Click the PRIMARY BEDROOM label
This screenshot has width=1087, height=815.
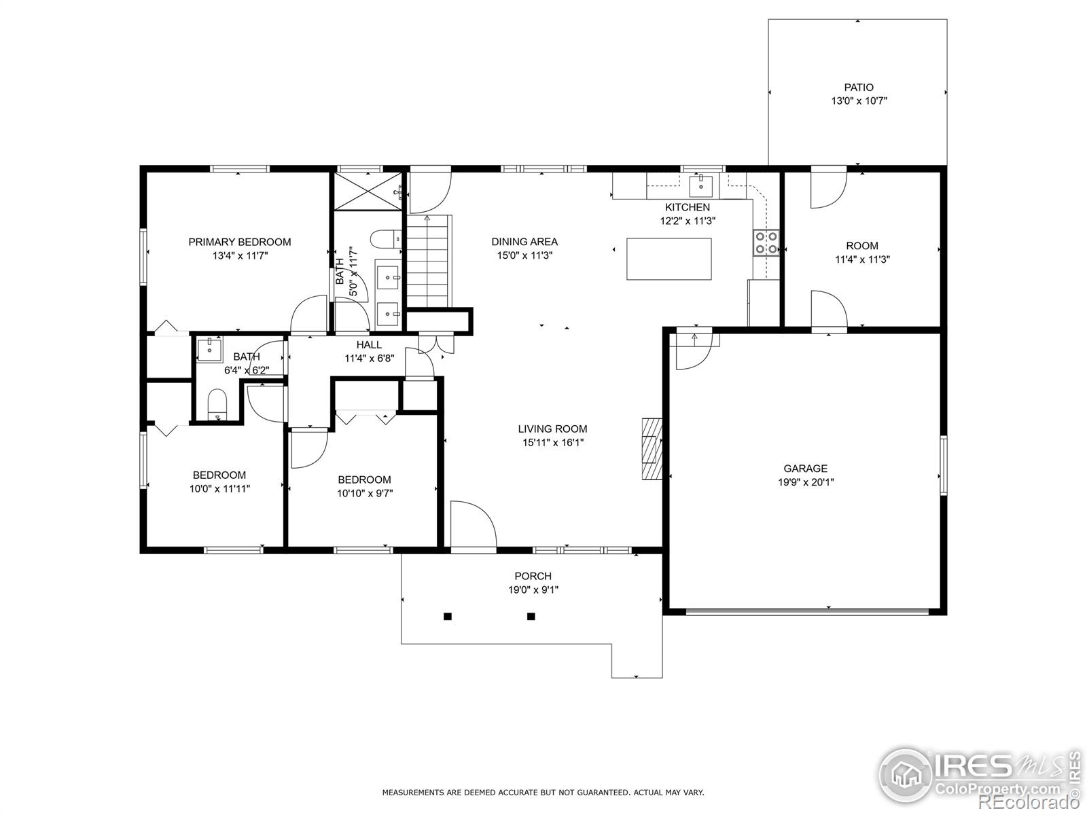tap(239, 242)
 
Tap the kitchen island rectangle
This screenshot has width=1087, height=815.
tap(669, 259)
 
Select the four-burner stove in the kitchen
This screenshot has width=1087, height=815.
tap(766, 243)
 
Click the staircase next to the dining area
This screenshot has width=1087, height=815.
tap(428, 261)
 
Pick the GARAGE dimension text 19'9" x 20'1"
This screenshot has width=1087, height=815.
tap(806, 482)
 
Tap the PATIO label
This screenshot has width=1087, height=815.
tap(859, 87)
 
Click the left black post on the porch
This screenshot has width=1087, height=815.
tap(448, 617)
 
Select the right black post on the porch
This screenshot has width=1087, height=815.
tap(531, 617)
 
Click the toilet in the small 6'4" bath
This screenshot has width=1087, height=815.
tap(217, 403)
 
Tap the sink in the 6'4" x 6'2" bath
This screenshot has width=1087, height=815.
tap(207, 350)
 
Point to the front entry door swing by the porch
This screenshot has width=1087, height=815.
tap(472, 524)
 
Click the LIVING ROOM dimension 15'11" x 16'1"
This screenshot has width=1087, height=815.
tap(552, 443)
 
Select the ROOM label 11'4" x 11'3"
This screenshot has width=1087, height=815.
tap(861, 246)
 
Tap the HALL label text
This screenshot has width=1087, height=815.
tap(369, 345)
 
